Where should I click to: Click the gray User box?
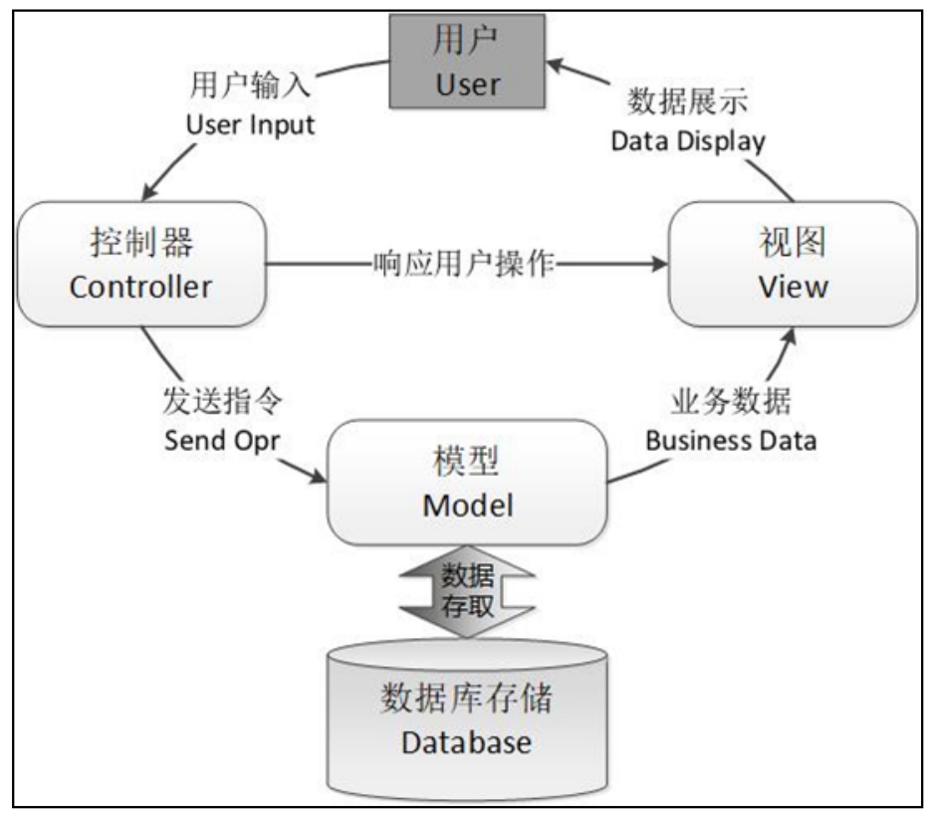[x=467, y=63]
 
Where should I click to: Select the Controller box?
[x=140, y=264]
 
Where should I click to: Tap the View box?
[x=793, y=264]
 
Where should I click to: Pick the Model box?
[x=467, y=483]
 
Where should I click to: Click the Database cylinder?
[x=467, y=719]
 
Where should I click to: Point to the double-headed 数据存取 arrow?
[x=467, y=589]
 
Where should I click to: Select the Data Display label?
[x=688, y=140]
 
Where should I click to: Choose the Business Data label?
[x=732, y=439]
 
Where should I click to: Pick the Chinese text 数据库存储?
[x=466, y=700]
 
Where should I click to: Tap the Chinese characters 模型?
[x=467, y=461]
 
